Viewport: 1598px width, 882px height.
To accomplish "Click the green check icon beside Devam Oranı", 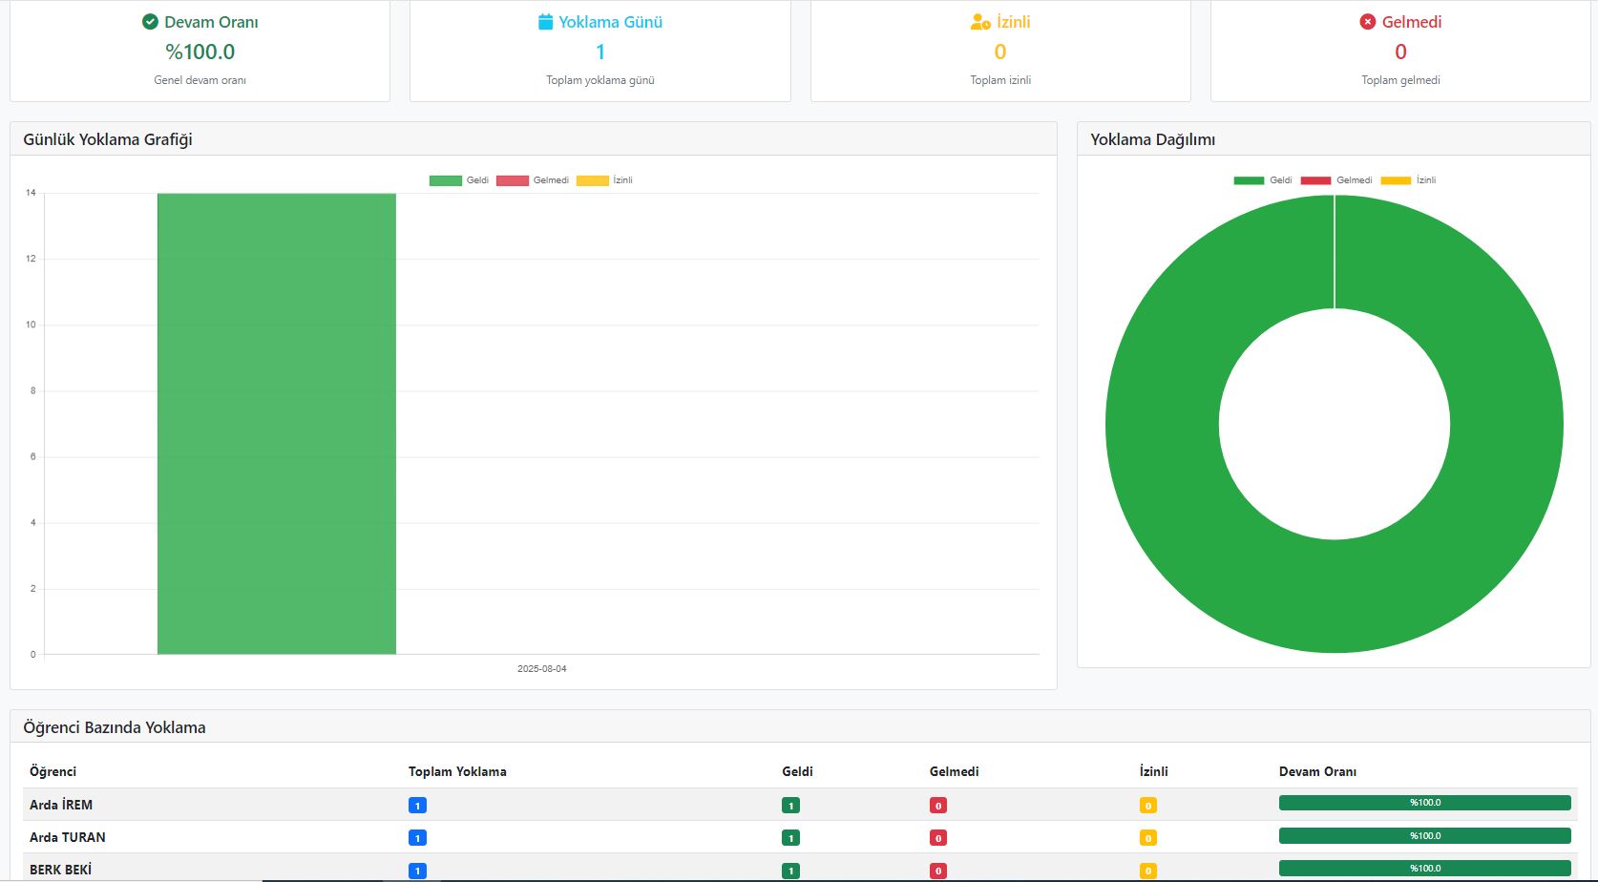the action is (150, 22).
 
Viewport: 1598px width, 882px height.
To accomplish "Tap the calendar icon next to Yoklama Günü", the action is (545, 22).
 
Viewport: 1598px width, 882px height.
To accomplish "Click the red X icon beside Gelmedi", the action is (1367, 22).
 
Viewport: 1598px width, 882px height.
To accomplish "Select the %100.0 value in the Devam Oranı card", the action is (200, 52).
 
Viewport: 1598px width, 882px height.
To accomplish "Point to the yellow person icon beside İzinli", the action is (980, 22).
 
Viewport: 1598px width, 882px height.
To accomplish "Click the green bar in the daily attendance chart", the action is (277, 424).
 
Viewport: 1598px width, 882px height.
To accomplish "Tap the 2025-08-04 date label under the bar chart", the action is (542, 668).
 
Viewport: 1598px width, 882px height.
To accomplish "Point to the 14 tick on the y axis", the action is (31, 193).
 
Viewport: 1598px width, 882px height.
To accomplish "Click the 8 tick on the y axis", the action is (32, 390).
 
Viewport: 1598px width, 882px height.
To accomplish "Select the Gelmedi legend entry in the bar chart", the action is (533, 180).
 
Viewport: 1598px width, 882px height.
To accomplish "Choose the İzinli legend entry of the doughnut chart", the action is (1408, 180).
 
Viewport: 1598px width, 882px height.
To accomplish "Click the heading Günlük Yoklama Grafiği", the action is (108, 139).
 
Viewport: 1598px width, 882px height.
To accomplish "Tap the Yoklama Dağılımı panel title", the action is (1153, 139).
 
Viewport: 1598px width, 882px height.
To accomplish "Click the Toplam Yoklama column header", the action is (457, 771).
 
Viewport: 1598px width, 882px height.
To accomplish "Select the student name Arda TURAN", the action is (68, 837).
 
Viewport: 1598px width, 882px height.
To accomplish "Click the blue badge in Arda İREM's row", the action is (417, 806).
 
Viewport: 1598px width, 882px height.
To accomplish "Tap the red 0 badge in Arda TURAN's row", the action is (938, 838).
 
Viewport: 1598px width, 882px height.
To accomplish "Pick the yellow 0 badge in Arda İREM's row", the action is (1147, 806).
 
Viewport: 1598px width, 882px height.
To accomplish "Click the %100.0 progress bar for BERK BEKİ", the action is (1424, 868).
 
